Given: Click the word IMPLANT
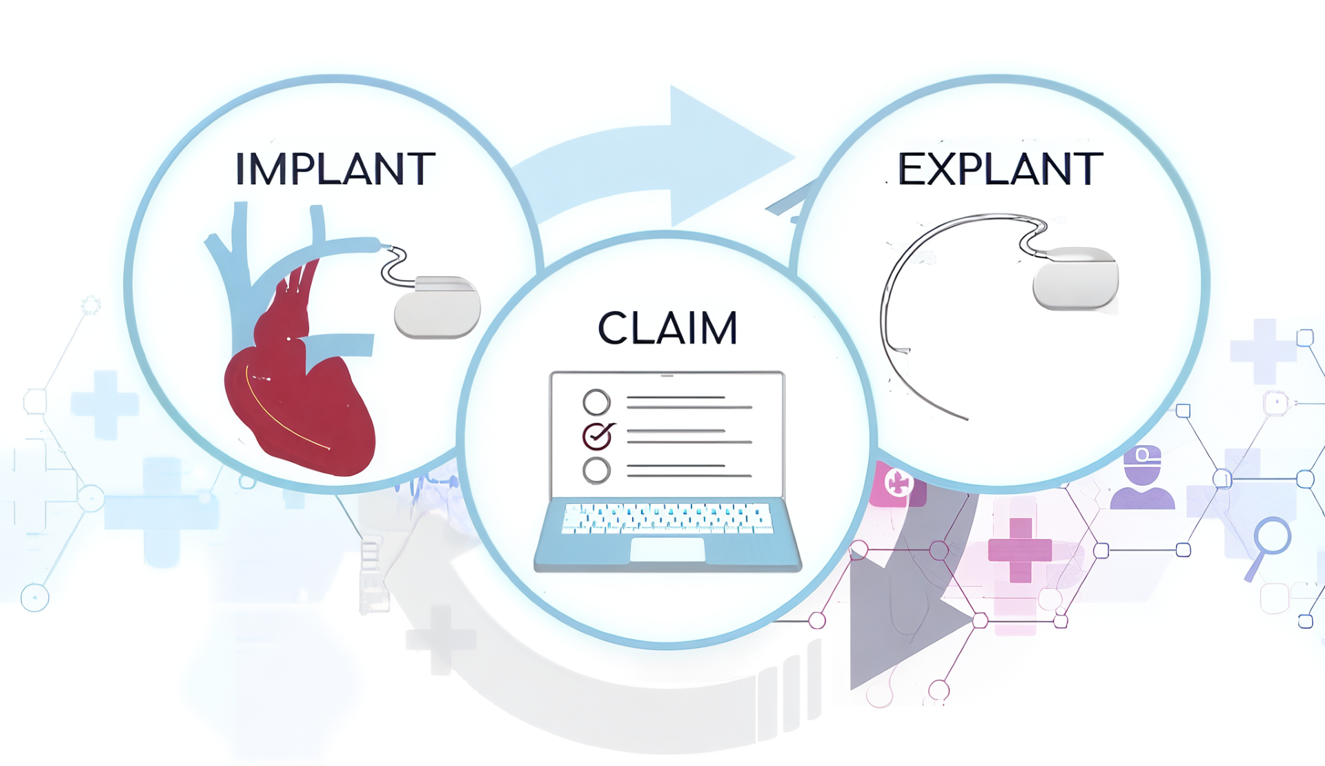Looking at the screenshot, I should [x=335, y=169].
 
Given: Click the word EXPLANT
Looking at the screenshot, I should [x=1000, y=169].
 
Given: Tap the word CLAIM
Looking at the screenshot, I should [x=667, y=328].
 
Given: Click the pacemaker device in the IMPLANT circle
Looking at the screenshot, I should [x=437, y=307].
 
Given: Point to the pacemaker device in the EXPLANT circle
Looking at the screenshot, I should [x=1075, y=278].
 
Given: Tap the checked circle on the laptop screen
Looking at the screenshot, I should [x=597, y=436].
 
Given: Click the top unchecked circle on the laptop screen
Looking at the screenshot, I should [x=596, y=402].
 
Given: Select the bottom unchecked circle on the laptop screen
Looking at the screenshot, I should [x=596, y=471].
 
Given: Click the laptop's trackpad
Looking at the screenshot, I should [x=667, y=549].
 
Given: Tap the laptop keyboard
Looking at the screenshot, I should [x=667, y=518].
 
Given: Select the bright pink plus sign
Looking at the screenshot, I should [x=1020, y=550].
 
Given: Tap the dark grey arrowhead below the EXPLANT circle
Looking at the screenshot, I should [x=897, y=621].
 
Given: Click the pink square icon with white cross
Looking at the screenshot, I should [x=897, y=484].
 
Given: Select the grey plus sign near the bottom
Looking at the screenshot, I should [x=441, y=639].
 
